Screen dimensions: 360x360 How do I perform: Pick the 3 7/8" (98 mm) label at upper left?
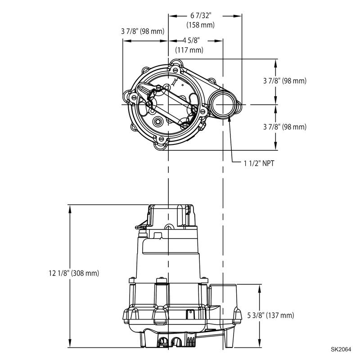pyautogui.click(x=143, y=31)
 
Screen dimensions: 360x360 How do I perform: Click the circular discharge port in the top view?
pyautogui.click(x=222, y=104)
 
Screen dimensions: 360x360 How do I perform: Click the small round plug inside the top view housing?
pyautogui.click(x=158, y=122)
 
